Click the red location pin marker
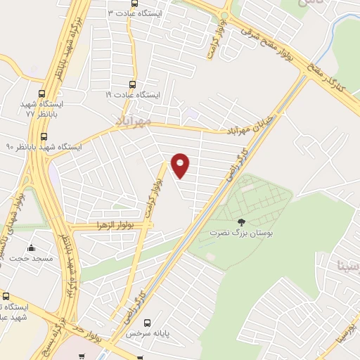(x=181, y=165)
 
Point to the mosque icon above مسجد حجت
(x=31, y=247)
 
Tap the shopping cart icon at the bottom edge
(x=82, y=356)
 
